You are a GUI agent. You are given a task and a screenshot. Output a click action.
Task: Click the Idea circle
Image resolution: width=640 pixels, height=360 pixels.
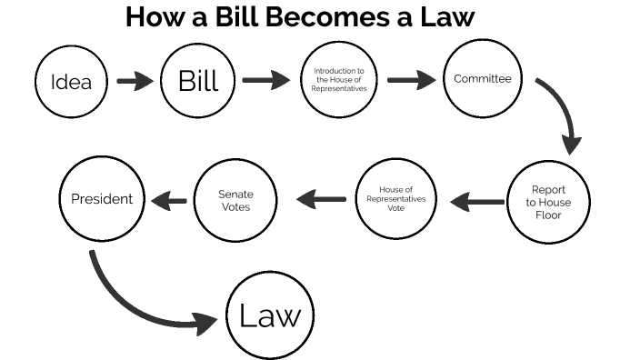click(x=71, y=82)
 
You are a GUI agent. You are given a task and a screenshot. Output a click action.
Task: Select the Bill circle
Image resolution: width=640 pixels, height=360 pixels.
click(x=198, y=82)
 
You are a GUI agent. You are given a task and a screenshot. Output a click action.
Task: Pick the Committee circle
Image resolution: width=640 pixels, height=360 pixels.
click(x=483, y=79)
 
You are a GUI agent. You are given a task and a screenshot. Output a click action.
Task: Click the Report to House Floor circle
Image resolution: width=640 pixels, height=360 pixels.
click(x=548, y=202)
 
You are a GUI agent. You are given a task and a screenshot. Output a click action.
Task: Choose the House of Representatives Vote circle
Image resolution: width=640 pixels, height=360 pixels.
click(x=396, y=199)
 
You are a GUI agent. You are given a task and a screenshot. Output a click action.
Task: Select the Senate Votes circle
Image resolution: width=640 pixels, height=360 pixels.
click(x=235, y=200)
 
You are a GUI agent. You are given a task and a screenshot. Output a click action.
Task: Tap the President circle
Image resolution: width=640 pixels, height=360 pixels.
click(x=102, y=198)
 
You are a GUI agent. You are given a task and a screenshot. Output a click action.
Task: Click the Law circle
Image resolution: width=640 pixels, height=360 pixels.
click(x=269, y=316)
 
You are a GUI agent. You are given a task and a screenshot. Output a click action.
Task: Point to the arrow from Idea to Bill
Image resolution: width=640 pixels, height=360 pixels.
click(x=135, y=82)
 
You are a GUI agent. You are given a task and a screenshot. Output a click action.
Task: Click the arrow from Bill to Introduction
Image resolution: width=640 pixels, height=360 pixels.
click(x=265, y=81)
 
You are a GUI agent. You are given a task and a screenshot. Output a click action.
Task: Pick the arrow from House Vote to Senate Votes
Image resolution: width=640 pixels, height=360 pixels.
click(x=321, y=198)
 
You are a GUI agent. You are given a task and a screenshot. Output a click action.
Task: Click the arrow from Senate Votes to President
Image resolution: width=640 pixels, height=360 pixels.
click(x=169, y=199)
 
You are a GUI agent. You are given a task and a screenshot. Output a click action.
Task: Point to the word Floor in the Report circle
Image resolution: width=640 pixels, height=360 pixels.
click(x=548, y=215)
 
